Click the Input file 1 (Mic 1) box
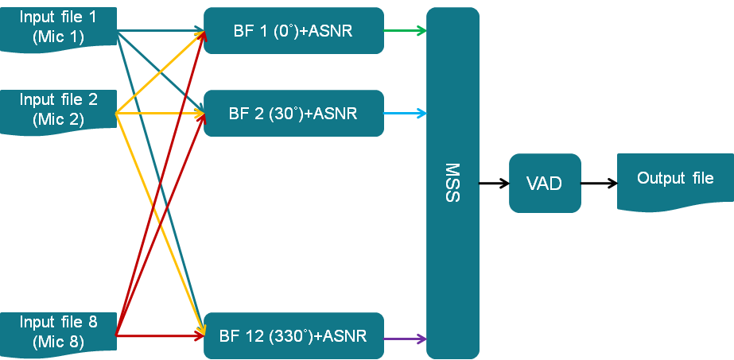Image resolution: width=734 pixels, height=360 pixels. point(59,27)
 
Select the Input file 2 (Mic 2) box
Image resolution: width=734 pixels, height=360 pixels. point(59,110)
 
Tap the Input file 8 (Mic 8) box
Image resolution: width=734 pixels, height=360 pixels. point(59,332)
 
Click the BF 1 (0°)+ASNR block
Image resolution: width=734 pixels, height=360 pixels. point(293,31)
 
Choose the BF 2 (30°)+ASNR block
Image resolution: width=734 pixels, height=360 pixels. point(293,114)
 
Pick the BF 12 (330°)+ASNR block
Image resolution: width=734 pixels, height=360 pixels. point(293,336)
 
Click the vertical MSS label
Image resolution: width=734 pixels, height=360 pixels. point(452,183)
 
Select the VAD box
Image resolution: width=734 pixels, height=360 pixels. point(545,183)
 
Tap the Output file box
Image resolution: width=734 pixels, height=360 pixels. point(674,180)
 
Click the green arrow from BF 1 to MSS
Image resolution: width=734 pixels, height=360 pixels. point(405,31)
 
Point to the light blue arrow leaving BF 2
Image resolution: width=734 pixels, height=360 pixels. point(405,114)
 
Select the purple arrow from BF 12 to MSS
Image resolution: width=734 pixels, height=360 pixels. point(405,338)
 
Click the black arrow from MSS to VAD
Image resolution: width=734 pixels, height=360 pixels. point(494,183)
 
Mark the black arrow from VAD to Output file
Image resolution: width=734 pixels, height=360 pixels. point(599,183)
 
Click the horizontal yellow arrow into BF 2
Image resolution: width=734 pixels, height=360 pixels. point(159,114)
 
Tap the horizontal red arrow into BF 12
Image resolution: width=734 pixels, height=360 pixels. point(159,336)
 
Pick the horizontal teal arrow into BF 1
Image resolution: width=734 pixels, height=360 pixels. point(159,31)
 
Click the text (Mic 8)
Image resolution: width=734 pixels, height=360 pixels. point(59,343)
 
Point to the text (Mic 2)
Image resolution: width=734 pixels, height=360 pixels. point(59,120)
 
